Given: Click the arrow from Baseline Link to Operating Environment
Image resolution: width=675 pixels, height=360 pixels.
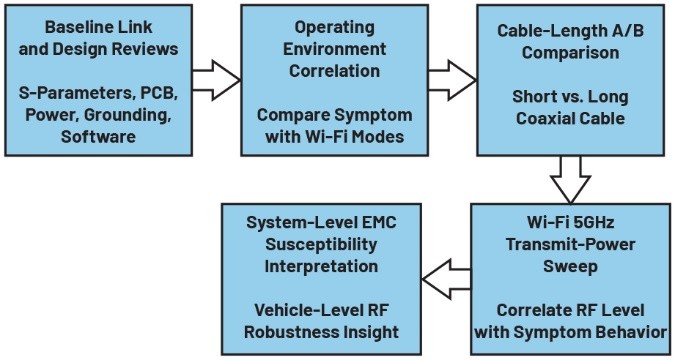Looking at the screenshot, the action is pyautogui.click(x=216, y=80).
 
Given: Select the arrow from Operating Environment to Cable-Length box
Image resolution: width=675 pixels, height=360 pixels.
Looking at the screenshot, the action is pyautogui.click(x=452, y=80).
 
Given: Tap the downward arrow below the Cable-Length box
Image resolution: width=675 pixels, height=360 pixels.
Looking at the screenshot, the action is pyautogui.click(x=570, y=180).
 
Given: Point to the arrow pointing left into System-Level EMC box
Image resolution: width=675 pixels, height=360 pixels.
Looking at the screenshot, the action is pyautogui.click(x=446, y=280).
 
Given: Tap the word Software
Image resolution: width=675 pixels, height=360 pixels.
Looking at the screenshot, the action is pyautogui.click(x=99, y=137).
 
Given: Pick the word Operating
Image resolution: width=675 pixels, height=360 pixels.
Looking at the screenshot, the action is pyautogui.click(x=334, y=28).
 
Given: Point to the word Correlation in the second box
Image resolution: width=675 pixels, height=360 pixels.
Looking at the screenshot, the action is pyautogui.click(x=334, y=71).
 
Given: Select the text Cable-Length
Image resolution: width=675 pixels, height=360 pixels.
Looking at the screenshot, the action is pyautogui.click(x=546, y=31).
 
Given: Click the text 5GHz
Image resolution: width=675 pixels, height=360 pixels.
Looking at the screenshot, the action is pyautogui.click(x=593, y=223).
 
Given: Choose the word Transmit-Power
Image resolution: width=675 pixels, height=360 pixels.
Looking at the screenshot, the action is pyautogui.click(x=570, y=245).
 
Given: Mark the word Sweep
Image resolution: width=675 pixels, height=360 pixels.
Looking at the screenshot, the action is pyautogui.click(x=570, y=267).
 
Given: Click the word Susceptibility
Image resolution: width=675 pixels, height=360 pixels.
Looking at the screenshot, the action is pyautogui.click(x=321, y=245).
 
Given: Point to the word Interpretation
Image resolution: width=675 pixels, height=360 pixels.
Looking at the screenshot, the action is pyautogui.click(x=321, y=267).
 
